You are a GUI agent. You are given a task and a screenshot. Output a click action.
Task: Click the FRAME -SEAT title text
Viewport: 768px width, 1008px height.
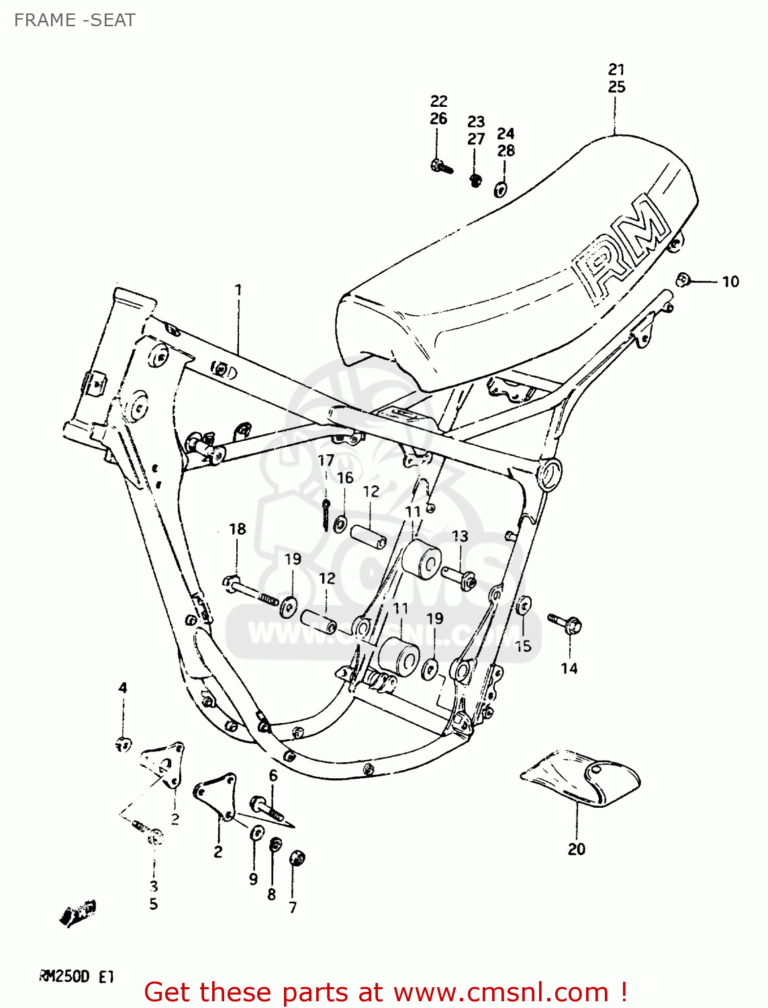coord(75,20)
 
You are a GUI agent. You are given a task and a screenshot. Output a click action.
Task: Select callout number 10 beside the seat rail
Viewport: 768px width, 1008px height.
coord(730,282)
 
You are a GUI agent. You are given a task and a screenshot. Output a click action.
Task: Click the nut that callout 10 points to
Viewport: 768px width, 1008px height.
coord(683,279)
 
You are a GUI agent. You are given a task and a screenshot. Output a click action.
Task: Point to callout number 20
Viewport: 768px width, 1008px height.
coord(576,849)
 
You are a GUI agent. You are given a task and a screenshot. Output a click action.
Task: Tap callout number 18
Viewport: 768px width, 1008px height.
coord(238,529)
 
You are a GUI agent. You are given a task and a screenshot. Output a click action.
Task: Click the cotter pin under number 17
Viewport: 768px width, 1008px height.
coord(326,514)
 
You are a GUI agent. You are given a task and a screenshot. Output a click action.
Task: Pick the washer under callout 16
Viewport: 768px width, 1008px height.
coord(341,523)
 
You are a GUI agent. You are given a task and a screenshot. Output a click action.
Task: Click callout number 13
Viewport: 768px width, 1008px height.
coord(460,536)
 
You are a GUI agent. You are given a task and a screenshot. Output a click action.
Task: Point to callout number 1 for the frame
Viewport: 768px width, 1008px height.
coord(238,290)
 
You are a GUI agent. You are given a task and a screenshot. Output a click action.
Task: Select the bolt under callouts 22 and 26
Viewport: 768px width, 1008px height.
coord(441,165)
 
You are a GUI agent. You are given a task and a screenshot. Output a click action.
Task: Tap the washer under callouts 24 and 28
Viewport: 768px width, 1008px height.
coord(501,190)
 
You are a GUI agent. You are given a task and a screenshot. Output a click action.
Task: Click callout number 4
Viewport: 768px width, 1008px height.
coord(123,687)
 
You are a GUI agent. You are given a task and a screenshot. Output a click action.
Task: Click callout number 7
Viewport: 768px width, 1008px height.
coord(293,907)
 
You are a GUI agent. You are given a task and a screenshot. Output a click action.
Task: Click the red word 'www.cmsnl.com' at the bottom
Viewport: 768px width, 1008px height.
coord(501,993)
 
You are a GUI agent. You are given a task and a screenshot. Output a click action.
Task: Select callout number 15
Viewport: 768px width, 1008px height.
coord(523,646)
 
